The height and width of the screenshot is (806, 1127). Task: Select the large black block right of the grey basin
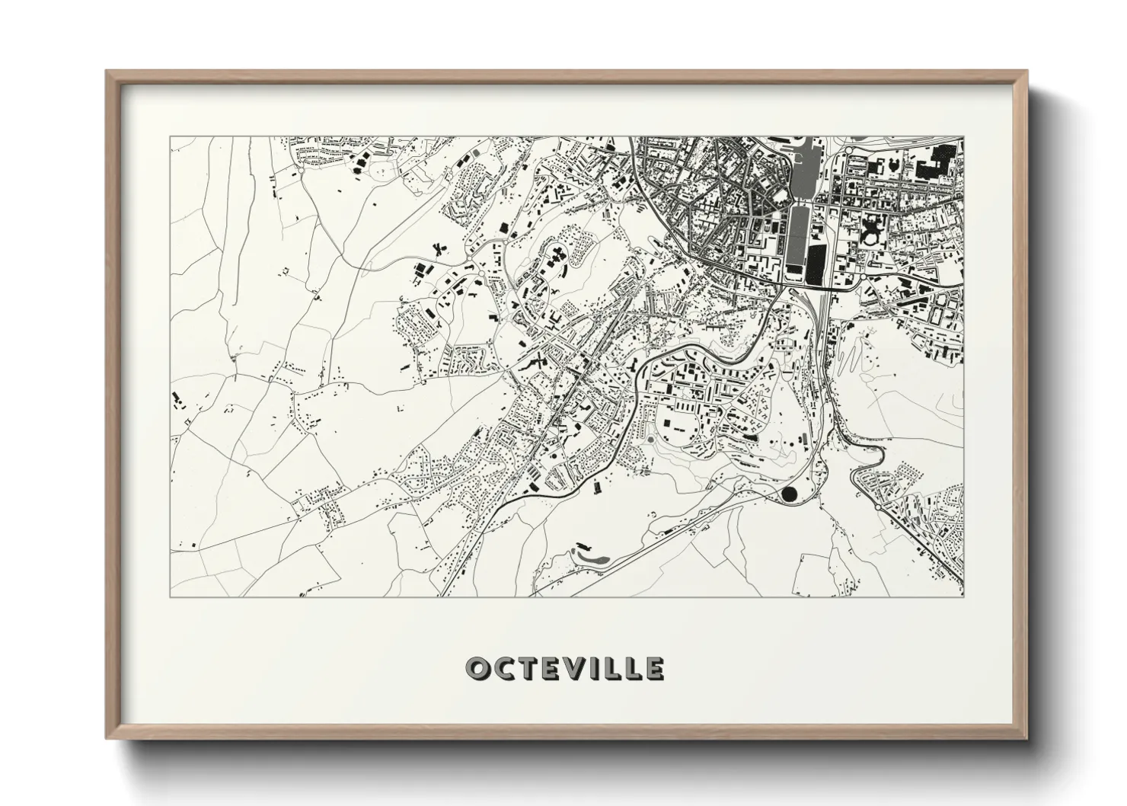tap(816, 263)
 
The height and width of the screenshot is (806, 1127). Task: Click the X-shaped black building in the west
tap(439, 248)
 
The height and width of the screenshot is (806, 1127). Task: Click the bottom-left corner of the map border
tap(170, 597)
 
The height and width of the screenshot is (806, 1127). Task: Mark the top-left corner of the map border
tap(170, 137)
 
